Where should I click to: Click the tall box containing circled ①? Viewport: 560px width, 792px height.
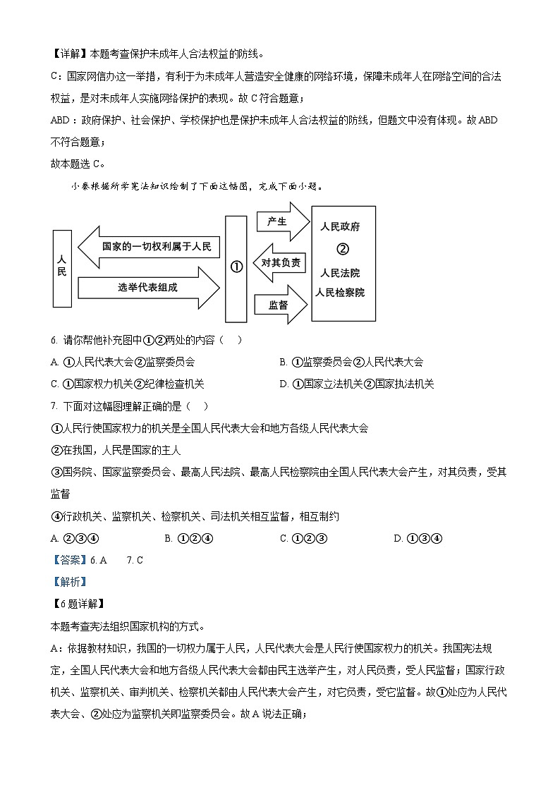(236, 268)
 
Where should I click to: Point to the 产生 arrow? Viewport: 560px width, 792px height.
(281, 221)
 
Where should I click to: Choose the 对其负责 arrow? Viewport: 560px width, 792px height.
(280, 262)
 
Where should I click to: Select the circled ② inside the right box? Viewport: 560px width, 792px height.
(342, 248)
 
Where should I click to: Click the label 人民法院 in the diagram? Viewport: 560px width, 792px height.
(339, 273)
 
